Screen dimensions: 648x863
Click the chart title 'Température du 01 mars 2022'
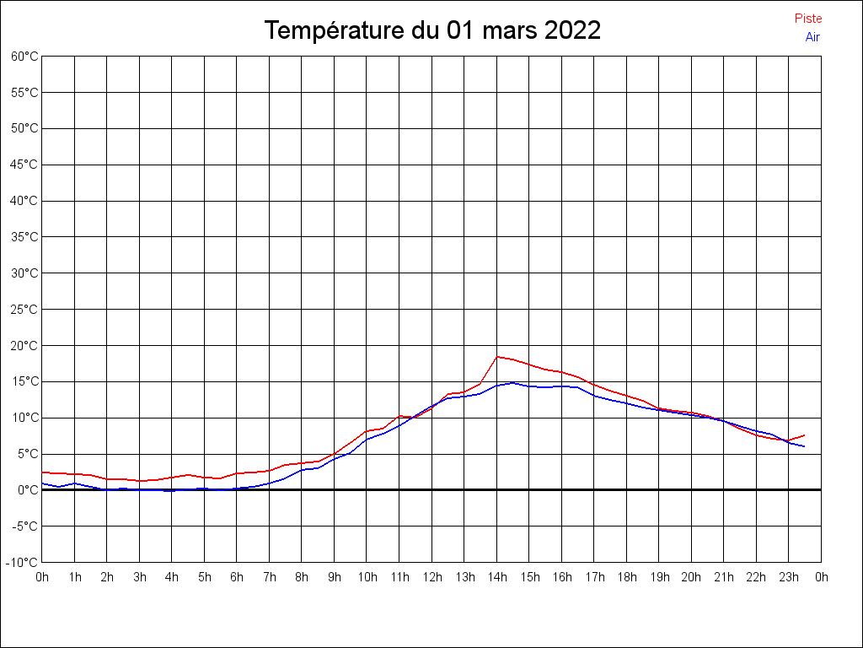click(432, 30)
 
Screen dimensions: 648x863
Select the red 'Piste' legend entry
click(808, 19)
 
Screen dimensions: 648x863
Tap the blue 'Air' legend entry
click(812, 37)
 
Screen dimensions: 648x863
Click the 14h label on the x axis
click(497, 577)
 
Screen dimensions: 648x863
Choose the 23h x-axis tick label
click(789, 577)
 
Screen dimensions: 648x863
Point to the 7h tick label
click(270, 577)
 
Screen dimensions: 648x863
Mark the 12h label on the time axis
click(432, 577)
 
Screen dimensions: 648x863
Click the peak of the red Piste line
click(497, 356)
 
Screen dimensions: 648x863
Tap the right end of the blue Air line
click(805, 446)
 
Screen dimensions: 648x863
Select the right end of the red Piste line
click(805, 435)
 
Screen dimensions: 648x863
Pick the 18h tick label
click(627, 577)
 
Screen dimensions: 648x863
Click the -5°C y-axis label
click(25, 526)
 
